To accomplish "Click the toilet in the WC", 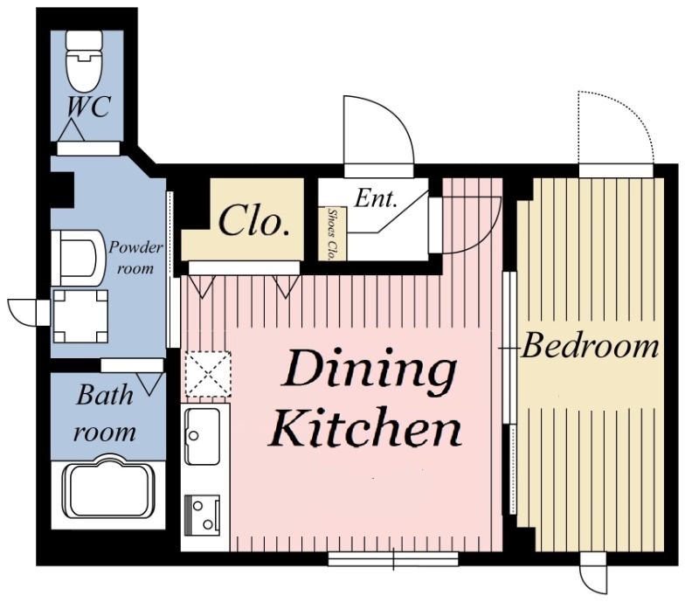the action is (83, 60).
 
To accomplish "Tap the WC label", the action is (88, 107).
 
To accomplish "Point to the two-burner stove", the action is (203, 515).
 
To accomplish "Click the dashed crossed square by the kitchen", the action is (208, 374).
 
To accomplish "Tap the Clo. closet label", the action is (254, 221).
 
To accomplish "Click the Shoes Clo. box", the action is (332, 233).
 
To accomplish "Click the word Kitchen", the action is (366, 428).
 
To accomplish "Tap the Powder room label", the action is (135, 258).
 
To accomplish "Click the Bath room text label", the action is (105, 413).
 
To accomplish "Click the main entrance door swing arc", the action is (396, 113).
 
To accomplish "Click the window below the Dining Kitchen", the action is (393, 559).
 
